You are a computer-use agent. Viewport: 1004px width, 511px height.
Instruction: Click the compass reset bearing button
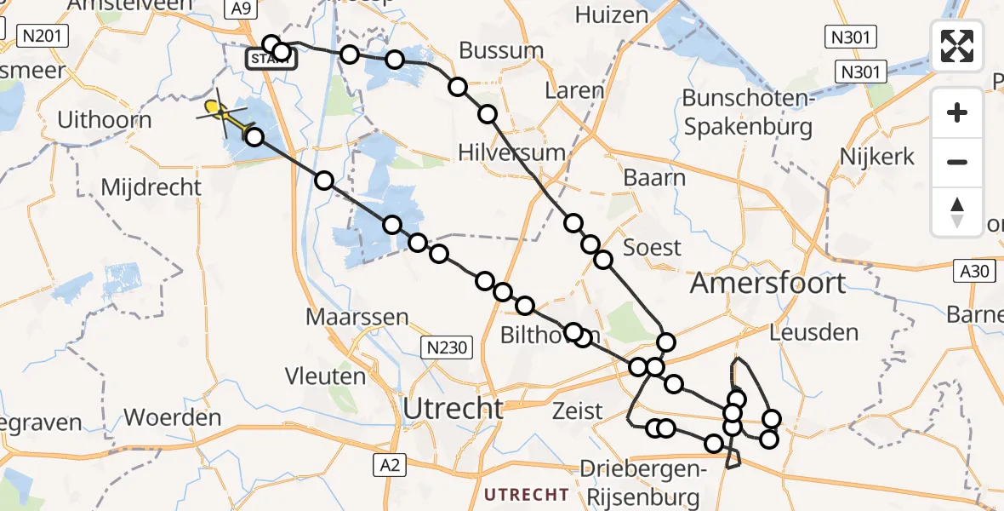point(957,212)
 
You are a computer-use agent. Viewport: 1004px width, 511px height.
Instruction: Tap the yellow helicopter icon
point(220,111)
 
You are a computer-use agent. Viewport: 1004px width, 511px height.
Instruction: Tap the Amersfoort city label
point(767,283)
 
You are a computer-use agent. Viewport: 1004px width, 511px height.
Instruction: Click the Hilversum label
point(511,153)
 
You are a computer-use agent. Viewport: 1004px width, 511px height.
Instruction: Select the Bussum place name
point(501,50)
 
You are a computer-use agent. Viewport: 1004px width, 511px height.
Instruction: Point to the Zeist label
point(577,411)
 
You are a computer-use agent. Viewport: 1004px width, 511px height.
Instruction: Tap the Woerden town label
point(173,418)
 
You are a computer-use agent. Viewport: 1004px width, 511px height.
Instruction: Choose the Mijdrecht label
point(151,187)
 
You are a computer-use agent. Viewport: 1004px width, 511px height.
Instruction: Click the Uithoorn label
point(104,120)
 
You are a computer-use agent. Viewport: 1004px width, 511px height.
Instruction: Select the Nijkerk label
point(876,157)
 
